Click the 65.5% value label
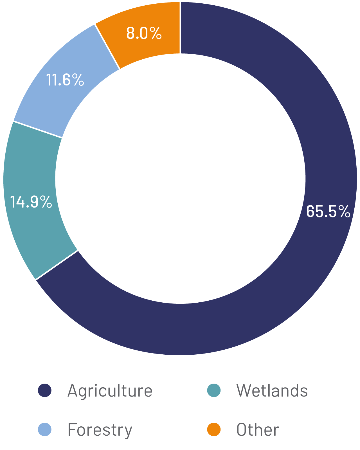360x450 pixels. [328, 211]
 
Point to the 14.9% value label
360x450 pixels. [31, 202]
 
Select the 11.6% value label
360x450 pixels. [65, 80]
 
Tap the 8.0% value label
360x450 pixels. [144, 33]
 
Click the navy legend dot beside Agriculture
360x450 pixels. [45, 390]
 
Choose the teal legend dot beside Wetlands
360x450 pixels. [214, 390]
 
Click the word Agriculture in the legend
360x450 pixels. [110, 391]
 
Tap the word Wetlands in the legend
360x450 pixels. [272, 390]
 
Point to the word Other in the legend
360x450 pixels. [258, 430]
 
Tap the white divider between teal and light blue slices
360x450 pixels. [38, 129]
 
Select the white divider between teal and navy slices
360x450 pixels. [57, 265]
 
